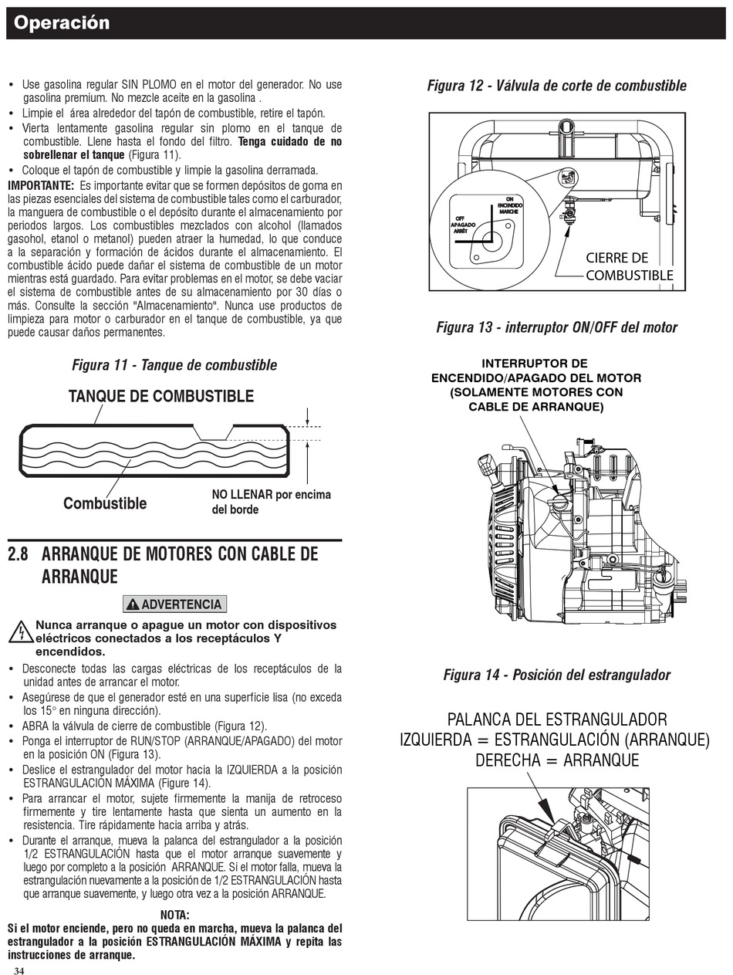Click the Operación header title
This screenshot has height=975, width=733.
click(x=62, y=23)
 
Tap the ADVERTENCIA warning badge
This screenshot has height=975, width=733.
click(x=174, y=604)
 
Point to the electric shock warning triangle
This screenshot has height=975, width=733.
click(x=20, y=633)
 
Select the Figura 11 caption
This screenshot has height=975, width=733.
click(x=174, y=365)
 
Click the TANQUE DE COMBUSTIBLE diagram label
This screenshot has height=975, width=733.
click(x=160, y=396)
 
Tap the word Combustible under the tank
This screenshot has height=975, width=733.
click(x=105, y=503)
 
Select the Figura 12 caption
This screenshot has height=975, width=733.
click(x=557, y=85)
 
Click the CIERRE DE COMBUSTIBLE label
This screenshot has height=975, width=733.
click(x=629, y=266)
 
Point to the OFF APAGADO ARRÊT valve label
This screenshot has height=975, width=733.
click(x=463, y=225)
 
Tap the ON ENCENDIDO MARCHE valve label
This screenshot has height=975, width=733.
click(x=510, y=205)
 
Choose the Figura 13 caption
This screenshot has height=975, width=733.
click(x=557, y=327)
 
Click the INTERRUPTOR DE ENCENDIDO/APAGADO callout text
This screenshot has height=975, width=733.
click(x=536, y=385)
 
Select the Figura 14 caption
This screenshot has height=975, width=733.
click(x=557, y=675)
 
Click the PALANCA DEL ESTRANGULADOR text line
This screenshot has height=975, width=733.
click(x=557, y=719)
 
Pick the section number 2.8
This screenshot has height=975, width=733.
click(x=18, y=554)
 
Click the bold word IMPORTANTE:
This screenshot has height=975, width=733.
click(x=41, y=185)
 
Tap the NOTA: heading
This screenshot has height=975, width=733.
click(x=174, y=915)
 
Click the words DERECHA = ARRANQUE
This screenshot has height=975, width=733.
click(x=557, y=760)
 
